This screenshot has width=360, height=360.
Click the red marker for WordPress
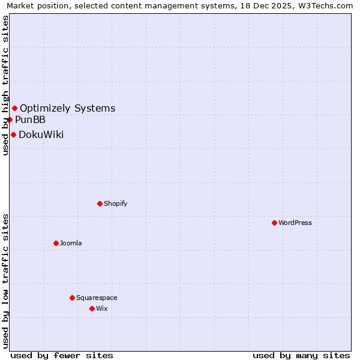click(274, 223)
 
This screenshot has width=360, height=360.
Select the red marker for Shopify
click(100, 203)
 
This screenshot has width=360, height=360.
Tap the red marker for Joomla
click(56, 243)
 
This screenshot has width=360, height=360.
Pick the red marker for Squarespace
click(72, 298)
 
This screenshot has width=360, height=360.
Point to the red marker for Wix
click(92, 308)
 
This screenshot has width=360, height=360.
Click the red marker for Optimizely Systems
click(14, 108)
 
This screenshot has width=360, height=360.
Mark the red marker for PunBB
click(10, 119)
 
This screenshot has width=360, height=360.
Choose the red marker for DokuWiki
click(13, 134)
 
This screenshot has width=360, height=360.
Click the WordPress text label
click(295, 223)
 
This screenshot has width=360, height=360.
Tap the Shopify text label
click(115, 203)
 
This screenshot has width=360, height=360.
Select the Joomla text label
click(71, 243)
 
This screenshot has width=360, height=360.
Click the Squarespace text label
click(97, 298)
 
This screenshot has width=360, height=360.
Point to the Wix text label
click(101, 308)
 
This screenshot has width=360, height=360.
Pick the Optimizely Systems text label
click(67, 109)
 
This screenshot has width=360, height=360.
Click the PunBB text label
click(30, 119)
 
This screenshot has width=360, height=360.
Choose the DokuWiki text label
click(41, 134)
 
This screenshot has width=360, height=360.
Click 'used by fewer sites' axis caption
click(62, 355)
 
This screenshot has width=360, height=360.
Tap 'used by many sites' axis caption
click(301, 355)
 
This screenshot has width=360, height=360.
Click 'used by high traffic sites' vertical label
click(5, 85)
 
